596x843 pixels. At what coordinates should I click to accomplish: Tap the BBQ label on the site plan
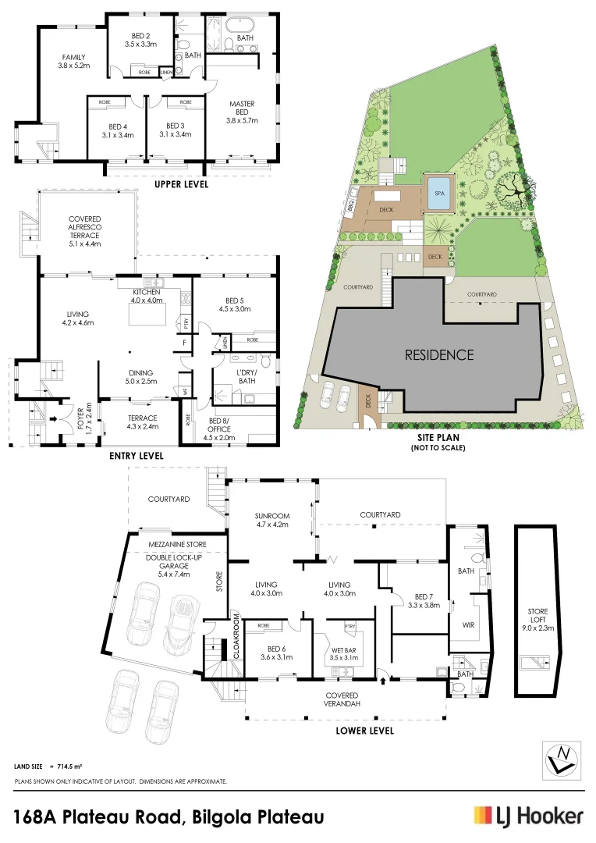(350, 205)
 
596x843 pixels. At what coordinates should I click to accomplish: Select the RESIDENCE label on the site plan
(438, 354)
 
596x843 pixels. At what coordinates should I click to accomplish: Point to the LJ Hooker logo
(529, 816)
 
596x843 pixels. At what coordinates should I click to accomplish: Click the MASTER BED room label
(241, 112)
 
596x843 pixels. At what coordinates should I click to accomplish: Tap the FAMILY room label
(74, 61)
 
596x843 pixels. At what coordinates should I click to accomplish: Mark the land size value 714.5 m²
(69, 767)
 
